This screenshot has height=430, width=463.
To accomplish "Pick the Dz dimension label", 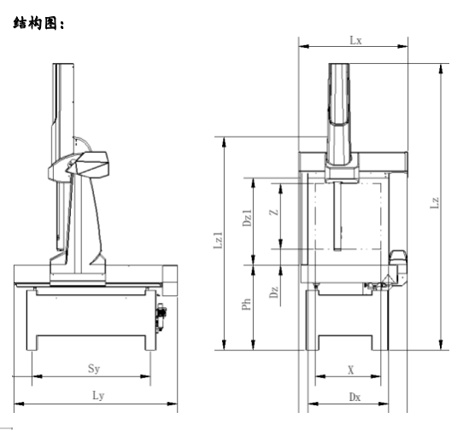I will (x=273, y=293).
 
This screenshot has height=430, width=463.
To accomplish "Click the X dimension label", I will (x=351, y=369).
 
